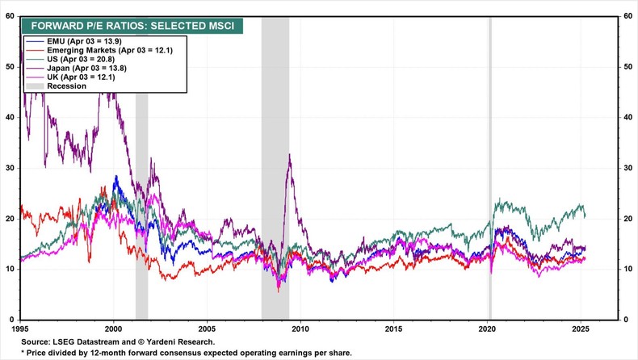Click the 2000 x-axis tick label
point(113,330)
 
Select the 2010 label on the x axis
point(300,330)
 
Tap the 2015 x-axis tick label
point(393,330)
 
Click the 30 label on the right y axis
point(629,168)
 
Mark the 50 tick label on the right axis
point(629,67)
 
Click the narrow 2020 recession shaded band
point(489,161)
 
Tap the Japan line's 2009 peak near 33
point(289,155)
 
